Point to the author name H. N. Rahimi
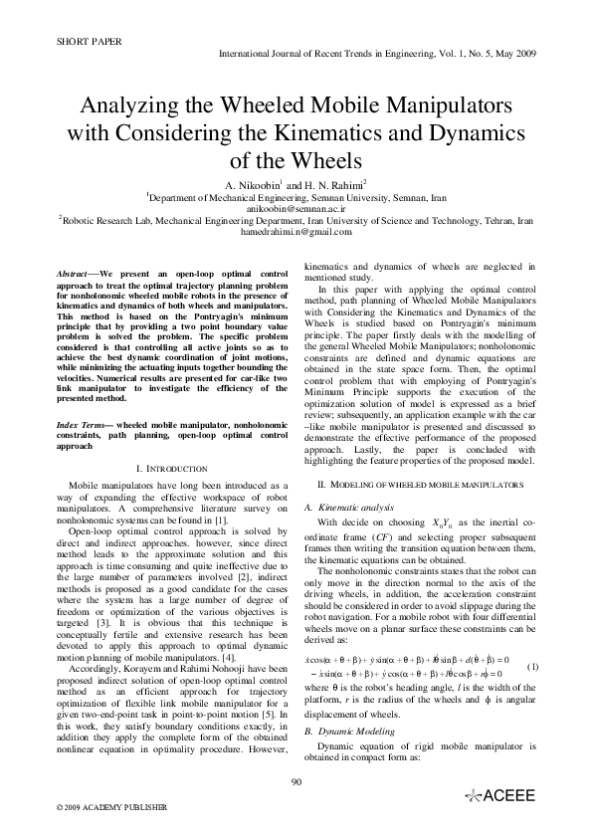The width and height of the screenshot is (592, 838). click(x=327, y=185)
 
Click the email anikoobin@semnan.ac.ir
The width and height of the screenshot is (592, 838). click(x=296, y=209)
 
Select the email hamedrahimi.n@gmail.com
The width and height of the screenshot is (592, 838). click(x=296, y=232)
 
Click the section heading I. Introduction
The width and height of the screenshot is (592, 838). click(x=170, y=468)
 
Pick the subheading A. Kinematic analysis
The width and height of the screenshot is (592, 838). click(x=344, y=508)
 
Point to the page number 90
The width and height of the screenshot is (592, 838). click(x=296, y=809)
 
